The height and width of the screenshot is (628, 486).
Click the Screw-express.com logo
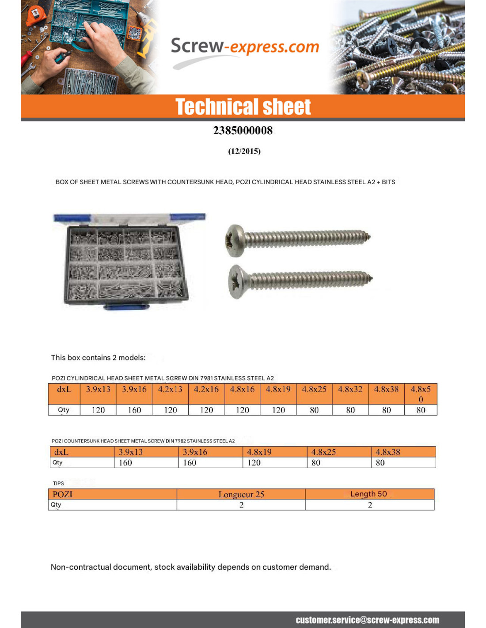(x=244, y=47)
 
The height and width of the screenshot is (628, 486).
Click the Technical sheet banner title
(x=243, y=107)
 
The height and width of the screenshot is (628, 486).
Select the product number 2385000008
(x=243, y=131)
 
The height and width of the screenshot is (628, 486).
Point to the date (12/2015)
(x=244, y=151)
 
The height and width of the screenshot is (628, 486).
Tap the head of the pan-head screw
(x=235, y=240)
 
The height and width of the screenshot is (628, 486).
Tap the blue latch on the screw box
(x=126, y=306)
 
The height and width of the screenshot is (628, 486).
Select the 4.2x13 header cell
(x=170, y=390)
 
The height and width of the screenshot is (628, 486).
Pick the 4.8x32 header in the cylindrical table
(x=350, y=390)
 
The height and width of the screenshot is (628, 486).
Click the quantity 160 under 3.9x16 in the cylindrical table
(x=134, y=410)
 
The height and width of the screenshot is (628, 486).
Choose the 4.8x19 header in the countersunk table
(x=259, y=452)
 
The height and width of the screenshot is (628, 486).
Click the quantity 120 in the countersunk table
(x=254, y=463)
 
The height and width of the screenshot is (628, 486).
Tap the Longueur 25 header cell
(x=241, y=494)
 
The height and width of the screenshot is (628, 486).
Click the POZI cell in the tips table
(x=63, y=494)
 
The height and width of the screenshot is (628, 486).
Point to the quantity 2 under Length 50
(x=370, y=505)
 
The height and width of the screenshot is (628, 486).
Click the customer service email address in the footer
(x=367, y=620)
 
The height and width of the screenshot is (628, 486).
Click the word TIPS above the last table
(x=58, y=484)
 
